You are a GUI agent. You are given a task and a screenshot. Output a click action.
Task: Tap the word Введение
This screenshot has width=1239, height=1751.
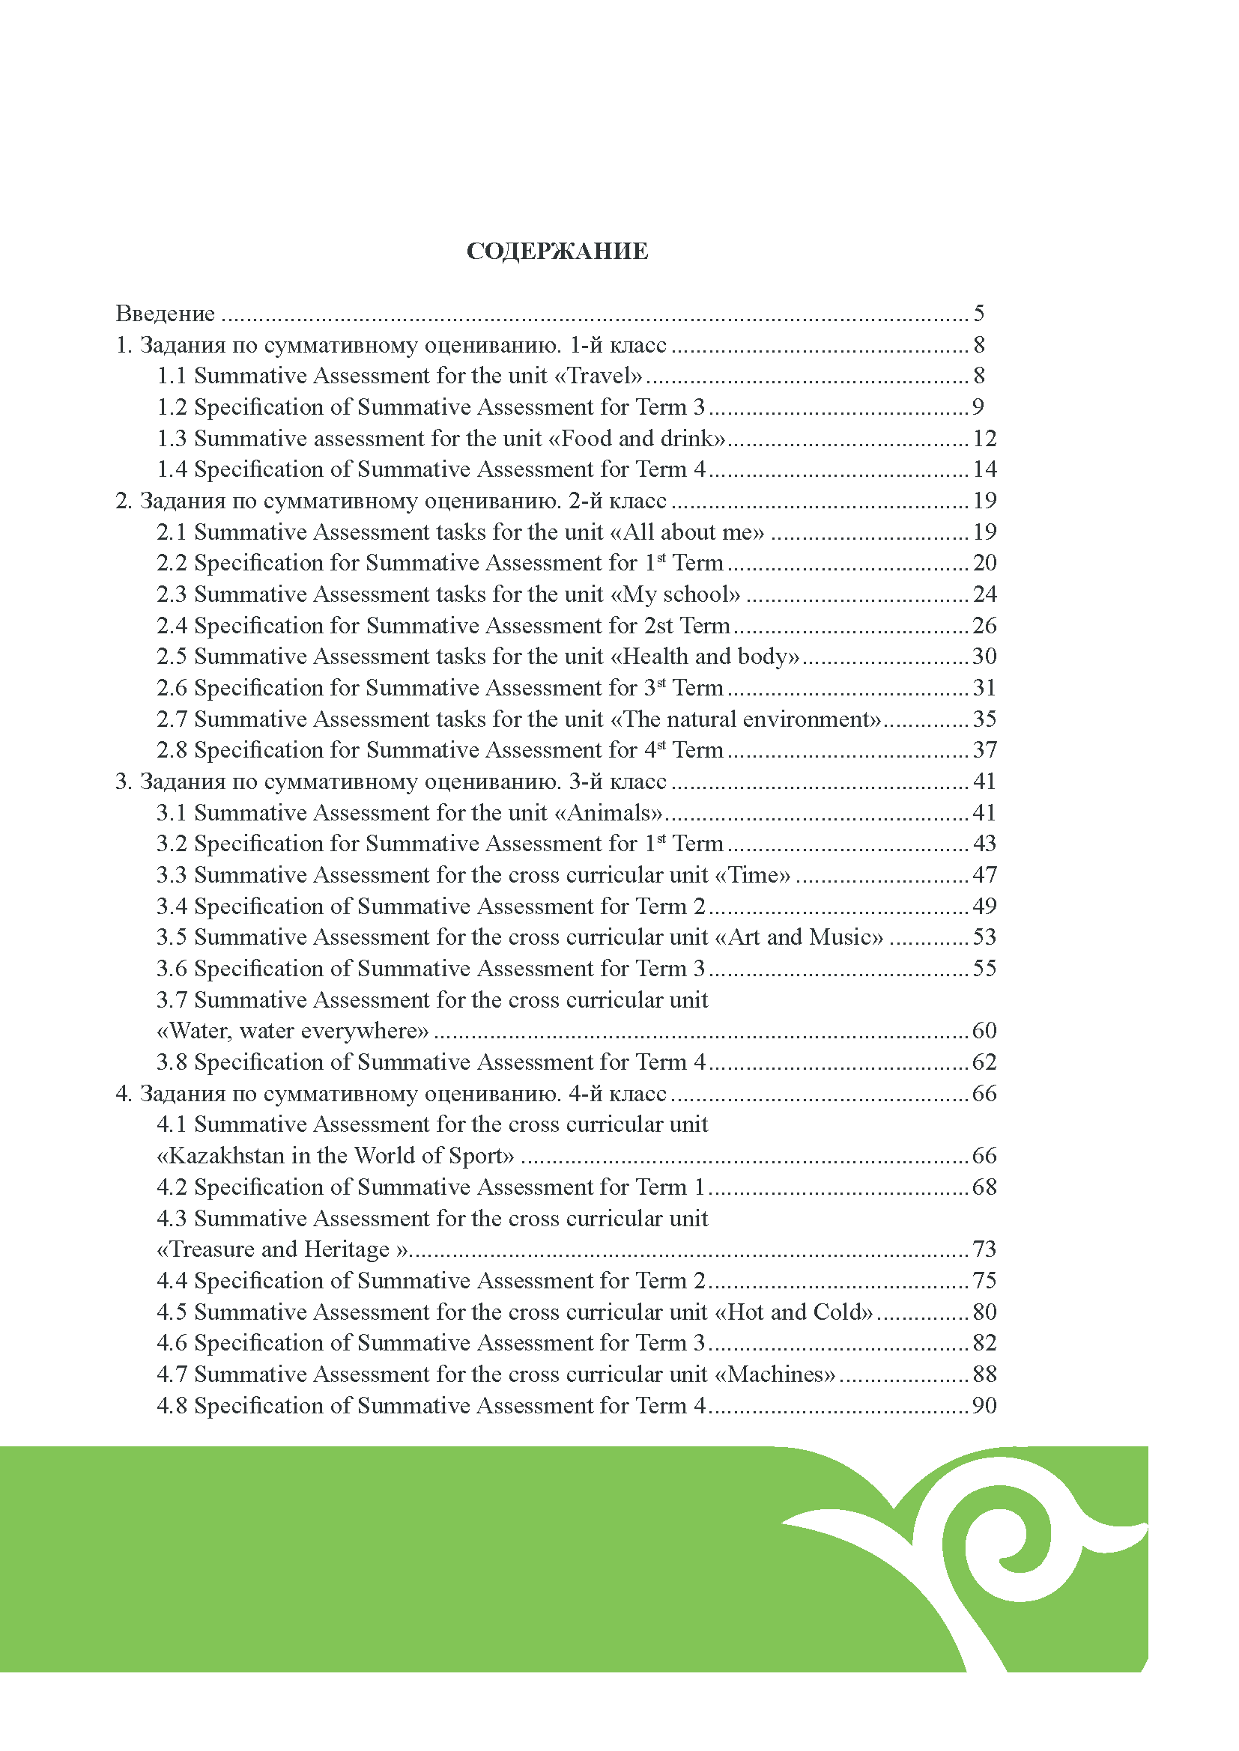165,314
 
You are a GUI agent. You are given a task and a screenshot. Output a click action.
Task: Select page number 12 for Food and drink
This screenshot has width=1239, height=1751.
984,439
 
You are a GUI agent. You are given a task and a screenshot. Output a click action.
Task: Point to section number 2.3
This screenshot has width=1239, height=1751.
172,594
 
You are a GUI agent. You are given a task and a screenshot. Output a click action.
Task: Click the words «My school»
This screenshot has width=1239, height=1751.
675,594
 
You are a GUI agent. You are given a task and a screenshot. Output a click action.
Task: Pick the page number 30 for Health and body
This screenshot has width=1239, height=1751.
984,657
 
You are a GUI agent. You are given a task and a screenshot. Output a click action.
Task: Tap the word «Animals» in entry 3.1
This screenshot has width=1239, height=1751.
608,813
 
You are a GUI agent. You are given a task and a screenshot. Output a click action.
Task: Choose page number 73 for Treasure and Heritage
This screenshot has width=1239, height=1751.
984,1249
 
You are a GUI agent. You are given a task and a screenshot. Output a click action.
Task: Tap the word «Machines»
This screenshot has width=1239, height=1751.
775,1374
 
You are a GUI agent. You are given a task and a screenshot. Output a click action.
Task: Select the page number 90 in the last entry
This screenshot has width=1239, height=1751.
984,1406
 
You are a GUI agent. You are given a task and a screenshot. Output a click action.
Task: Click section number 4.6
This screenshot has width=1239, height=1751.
172,1343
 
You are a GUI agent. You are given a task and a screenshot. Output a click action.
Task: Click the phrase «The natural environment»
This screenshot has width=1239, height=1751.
747,719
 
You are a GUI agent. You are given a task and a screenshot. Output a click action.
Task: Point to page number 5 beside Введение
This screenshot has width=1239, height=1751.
979,314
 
